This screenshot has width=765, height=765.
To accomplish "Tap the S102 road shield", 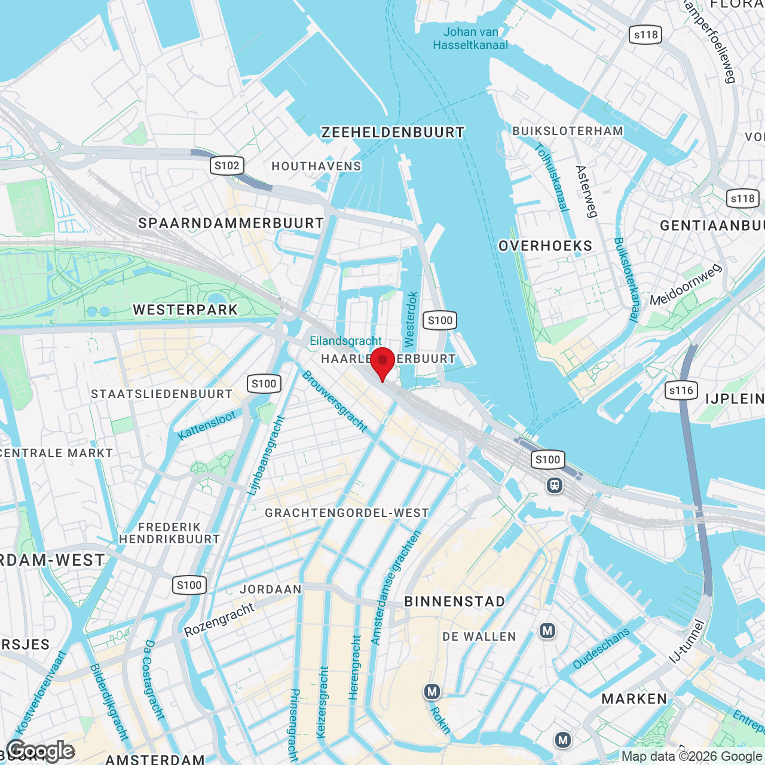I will tap(227, 166).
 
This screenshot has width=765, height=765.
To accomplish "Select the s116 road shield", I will tap(681, 391).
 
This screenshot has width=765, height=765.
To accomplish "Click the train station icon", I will tap(555, 485).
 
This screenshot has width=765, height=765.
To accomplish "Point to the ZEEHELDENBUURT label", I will tap(393, 133).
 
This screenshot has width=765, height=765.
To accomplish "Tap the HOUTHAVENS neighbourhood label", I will tap(316, 166).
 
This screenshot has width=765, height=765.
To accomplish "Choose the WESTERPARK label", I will tap(185, 310).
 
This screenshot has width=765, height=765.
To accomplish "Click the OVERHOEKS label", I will tap(545, 246).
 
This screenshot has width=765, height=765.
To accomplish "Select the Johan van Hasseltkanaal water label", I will tap(470, 38).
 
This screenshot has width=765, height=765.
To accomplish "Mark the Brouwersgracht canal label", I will tap(335, 402).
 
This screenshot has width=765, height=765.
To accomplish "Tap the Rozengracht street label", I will tap(219, 620).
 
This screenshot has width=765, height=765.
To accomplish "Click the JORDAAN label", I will tap(271, 589).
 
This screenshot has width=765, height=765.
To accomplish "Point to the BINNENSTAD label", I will tap(455, 601).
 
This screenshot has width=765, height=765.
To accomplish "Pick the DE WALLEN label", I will tap(479, 637).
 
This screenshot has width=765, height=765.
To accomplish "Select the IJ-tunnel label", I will tap(687, 642).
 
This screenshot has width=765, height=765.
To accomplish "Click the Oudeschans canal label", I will tap(601, 648).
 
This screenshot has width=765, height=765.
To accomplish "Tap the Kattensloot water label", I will tap(207, 426).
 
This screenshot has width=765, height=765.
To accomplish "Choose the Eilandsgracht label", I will tap(345, 341).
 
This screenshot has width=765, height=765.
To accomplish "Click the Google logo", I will tap(41, 751).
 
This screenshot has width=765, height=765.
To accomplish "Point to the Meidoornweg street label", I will tap(686, 285).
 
